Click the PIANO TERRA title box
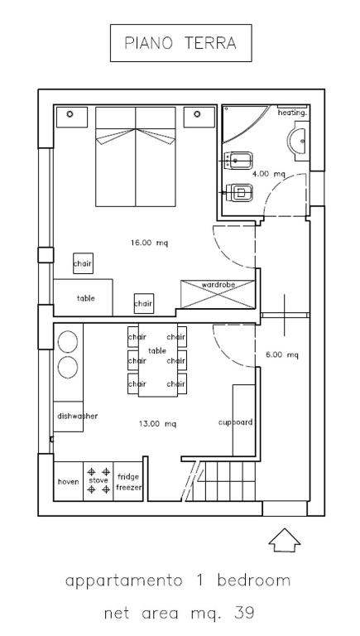click(x=180, y=43)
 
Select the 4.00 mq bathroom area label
click(x=269, y=174)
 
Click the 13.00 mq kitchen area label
click(x=157, y=424)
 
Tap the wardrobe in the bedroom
click(x=218, y=294)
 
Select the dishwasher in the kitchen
click(x=68, y=417)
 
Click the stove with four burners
click(x=98, y=481)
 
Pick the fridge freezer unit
click(x=128, y=481)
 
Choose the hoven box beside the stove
click(x=69, y=481)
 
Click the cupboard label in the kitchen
click(x=236, y=422)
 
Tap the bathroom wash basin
click(x=299, y=141)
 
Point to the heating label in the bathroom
click(x=292, y=113)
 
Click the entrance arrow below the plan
click(x=285, y=540)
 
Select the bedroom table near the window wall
click(x=83, y=297)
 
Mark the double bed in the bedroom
click(x=136, y=157)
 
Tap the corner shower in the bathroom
click(x=244, y=123)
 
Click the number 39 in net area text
click(x=244, y=613)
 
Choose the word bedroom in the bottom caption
click(x=254, y=581)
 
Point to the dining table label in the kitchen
click(x=157, y=351)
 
